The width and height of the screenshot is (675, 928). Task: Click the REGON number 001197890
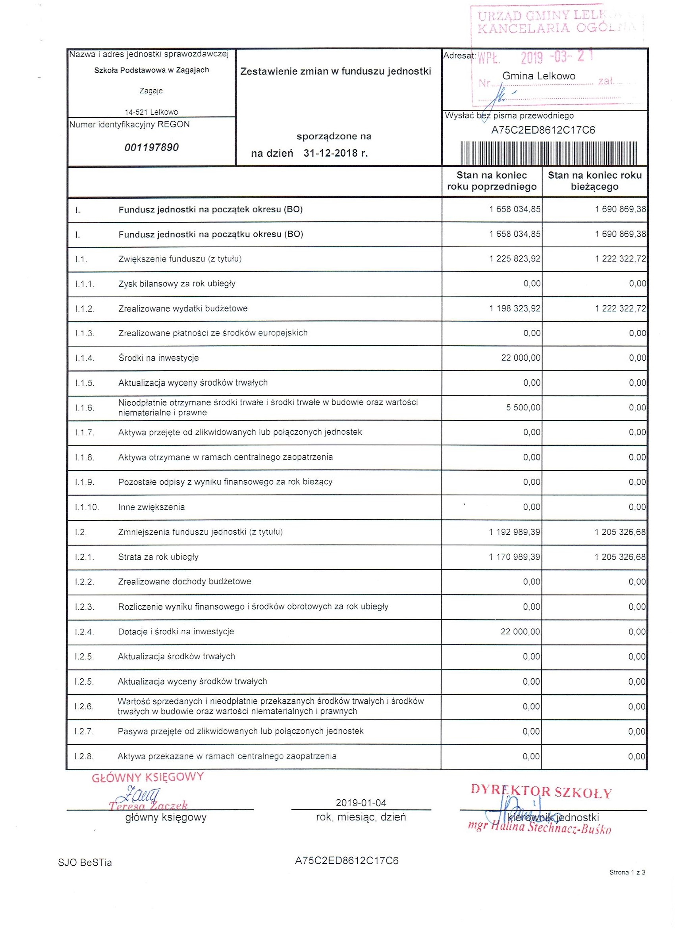(x=151, y=147)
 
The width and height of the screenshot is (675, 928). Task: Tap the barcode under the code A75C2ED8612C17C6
(x=548, y=153)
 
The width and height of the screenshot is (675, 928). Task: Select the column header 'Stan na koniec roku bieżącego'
(x=594, y=181)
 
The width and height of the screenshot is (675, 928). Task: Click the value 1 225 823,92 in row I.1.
(x=515, y=259)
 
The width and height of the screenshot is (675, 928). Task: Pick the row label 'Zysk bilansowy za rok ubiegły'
(x=177, y=283)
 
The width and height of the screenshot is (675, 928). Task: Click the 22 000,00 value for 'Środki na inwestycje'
(x=520, y=358)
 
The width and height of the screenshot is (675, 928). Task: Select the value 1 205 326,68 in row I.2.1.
(x=620, y=557)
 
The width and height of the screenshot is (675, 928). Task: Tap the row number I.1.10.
(x=87, y=507)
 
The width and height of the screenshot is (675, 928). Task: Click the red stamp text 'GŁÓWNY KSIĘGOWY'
(x=147, y=778)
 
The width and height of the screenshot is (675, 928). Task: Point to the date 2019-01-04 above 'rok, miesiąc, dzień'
(x=361, y=803)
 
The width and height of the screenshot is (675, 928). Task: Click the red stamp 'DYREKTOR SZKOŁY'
(x=541, y=792)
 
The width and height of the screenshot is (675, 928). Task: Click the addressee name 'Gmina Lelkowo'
(x=539, y=76)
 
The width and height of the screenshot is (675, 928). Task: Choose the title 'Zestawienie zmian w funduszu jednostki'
(x=336, y=71)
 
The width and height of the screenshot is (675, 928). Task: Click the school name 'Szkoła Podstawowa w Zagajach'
(x=151, y=70)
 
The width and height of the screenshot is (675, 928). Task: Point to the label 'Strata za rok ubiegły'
(x=158, y=557)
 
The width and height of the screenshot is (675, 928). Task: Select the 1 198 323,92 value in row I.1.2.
(x=515, y=308)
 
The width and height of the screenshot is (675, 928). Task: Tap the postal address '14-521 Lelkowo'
(x=151, y=112)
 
